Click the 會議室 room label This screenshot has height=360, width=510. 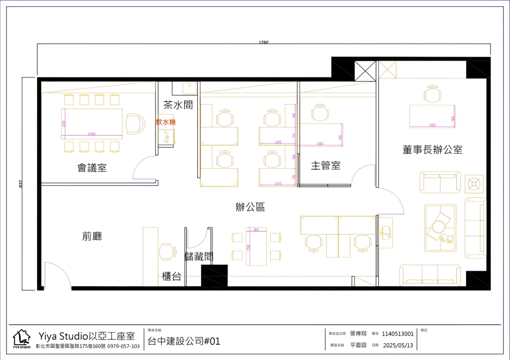(x=92, y=168)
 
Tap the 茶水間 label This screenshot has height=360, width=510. (x=178, y=105)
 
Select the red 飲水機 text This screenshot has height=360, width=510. (x=166, y=122)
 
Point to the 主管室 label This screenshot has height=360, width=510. (x=326, y=166)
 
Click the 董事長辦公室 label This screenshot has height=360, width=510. (x=432, y=150)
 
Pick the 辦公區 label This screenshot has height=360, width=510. (x=250, y=207)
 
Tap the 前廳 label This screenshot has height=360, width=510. (x=92, y=236)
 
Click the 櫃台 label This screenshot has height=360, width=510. (x=171, y=276)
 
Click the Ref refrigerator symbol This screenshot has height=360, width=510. (x=168, y=136)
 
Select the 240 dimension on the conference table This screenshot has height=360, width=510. (x=92, y=134)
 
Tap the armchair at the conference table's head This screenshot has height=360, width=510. (x=135, y=123)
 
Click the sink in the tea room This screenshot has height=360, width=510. (x=189, y=88)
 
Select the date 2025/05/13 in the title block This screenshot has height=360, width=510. (x=397, y=345)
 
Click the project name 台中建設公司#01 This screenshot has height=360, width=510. (x=184, y=341)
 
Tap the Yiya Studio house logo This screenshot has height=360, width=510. (x=21, y=339)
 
